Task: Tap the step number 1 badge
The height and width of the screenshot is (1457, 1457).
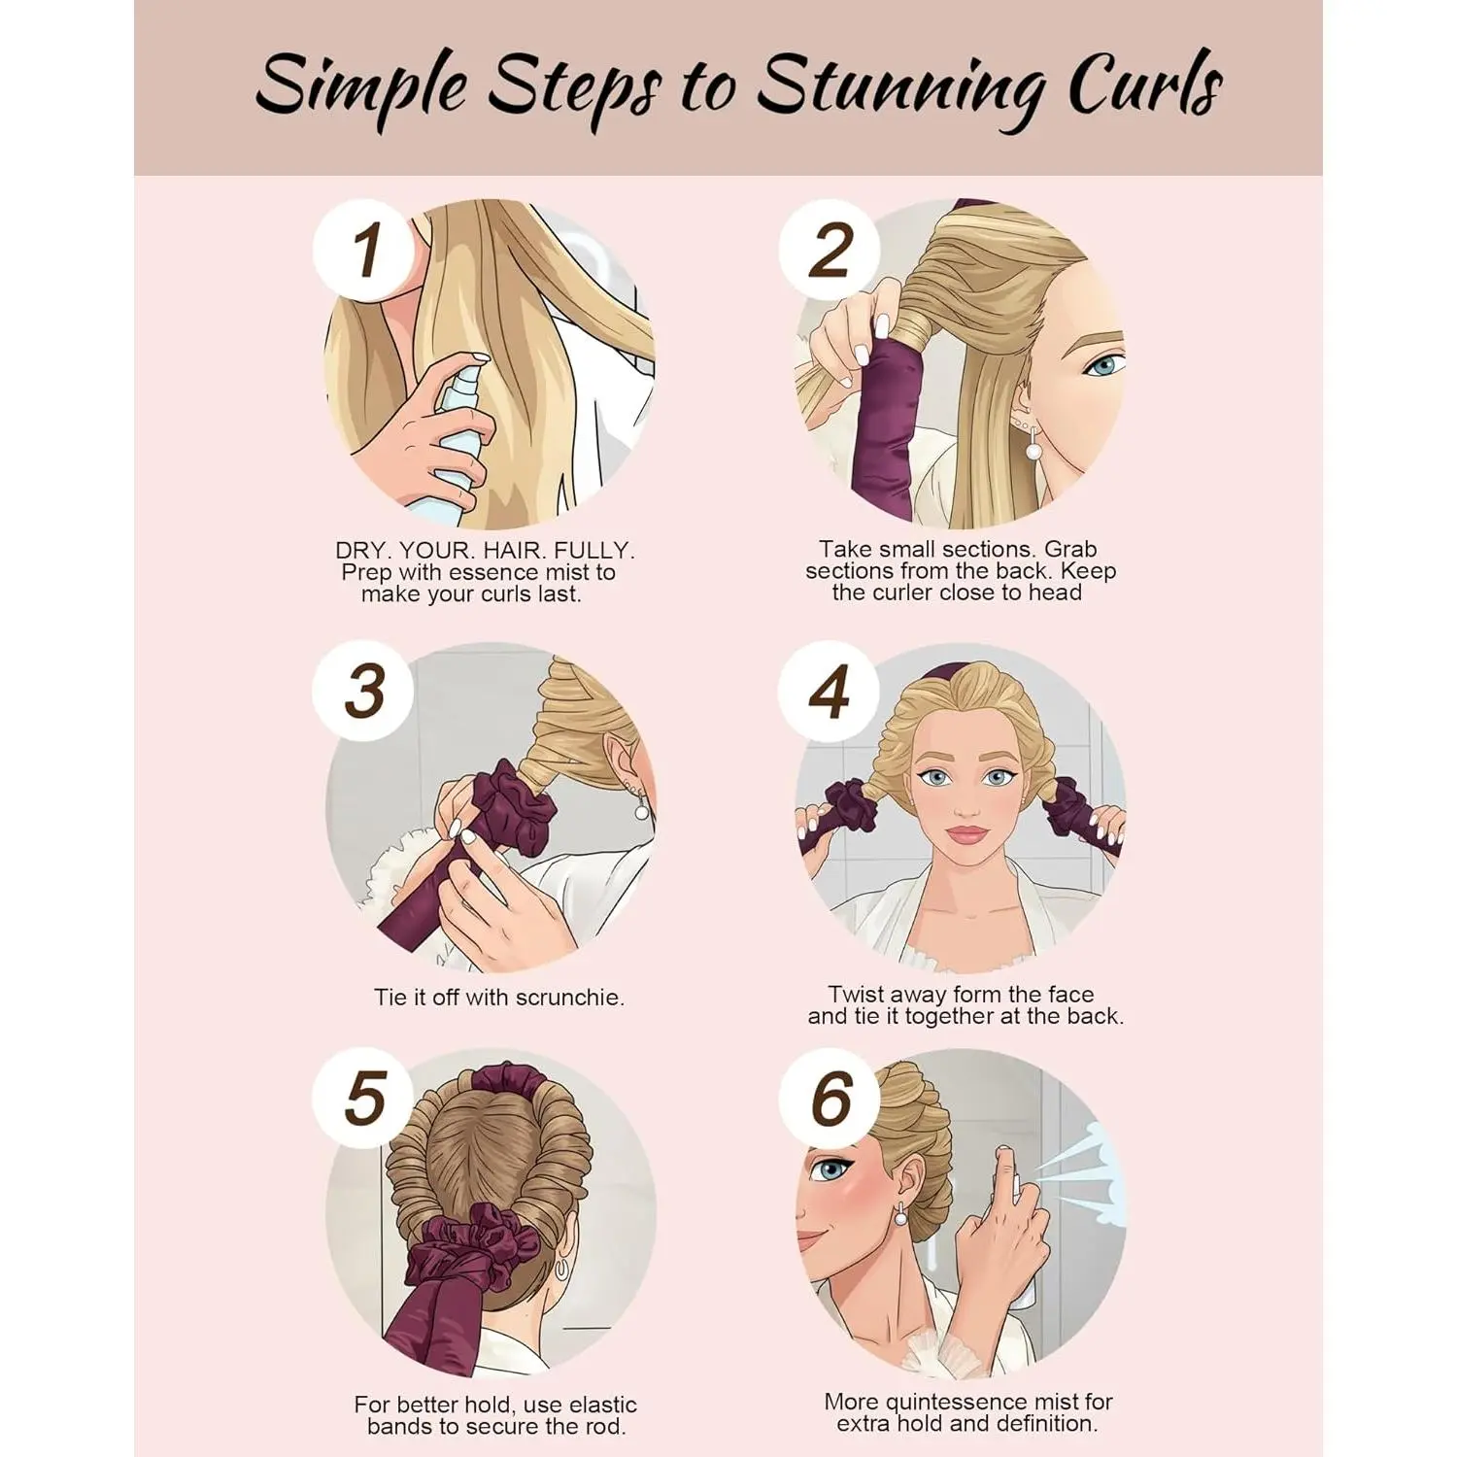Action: coord(364,249)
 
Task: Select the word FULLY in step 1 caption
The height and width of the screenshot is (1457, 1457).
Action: coord(593,551)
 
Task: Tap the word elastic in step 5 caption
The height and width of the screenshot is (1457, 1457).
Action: coord(602,1405)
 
